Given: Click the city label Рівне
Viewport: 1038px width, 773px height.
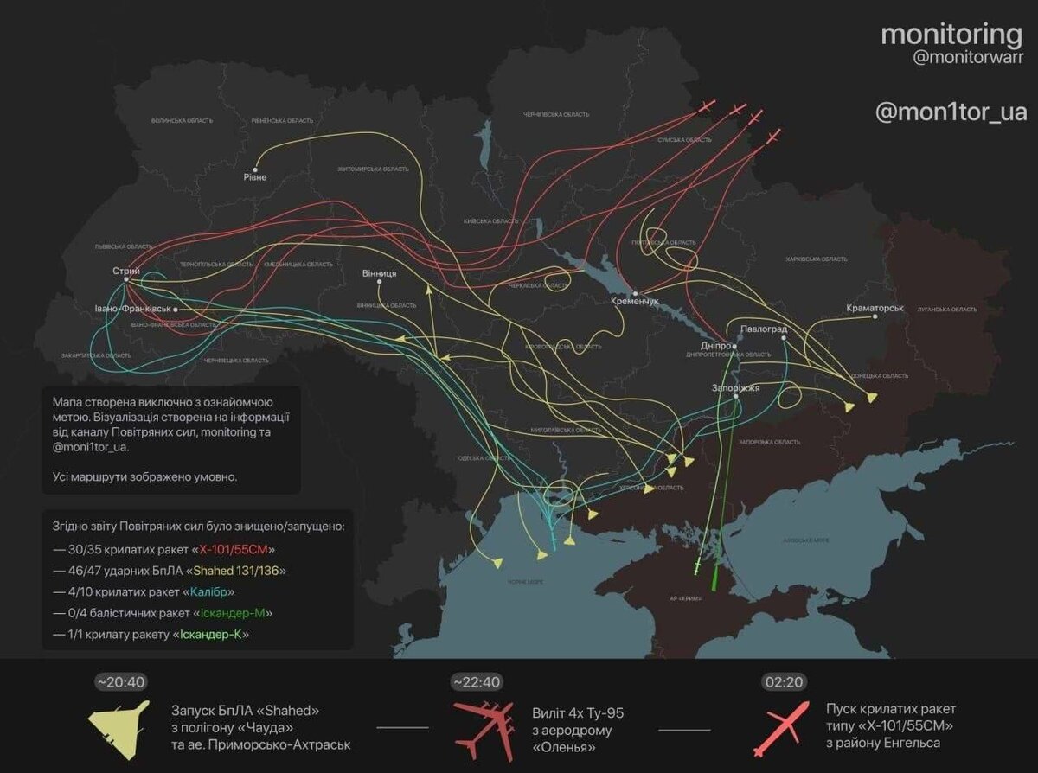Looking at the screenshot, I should click(x=254, y=177).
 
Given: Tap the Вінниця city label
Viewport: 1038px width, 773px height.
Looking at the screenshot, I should click(x=380, y=273).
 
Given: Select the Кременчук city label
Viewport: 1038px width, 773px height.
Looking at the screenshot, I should click(x=635, y=301).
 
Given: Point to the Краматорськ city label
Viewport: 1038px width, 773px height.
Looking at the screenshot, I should click(x=875, y=308).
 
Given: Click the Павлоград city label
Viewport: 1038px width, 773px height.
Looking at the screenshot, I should click(x=764, y=329).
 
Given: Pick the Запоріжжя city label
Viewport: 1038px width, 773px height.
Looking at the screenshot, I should click(x=735, y=388).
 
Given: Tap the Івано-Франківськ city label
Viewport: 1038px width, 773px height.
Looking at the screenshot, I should click(x=133, y=309).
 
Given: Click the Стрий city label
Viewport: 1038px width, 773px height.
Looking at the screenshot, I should click(x=126, y=272).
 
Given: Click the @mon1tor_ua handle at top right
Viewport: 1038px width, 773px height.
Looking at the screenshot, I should click(x=951, y=112).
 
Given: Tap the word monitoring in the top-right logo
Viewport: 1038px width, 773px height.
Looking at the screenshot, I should click(x=951, y=35).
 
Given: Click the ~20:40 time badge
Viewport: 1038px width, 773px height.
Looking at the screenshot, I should click(x=121, y=682).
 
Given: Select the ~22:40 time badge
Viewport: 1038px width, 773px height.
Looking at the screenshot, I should click(x=477, y=682).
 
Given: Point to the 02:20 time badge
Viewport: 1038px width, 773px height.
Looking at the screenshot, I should click(x=783, y=682).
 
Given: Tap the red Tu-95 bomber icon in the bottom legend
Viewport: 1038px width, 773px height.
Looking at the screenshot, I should click(x=485, y=727).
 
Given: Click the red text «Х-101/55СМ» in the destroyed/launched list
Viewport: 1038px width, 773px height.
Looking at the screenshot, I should click(x=236, y=549).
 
